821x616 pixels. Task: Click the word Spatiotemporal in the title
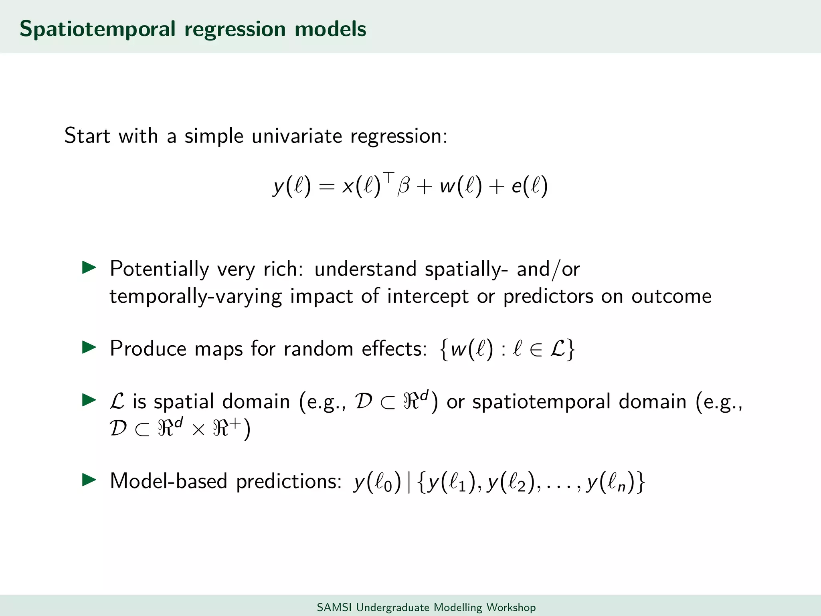coord(97,29)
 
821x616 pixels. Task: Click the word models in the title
coord(330,29)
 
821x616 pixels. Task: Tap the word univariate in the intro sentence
coord(297,136)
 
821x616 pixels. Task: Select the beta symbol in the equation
coord(403,186)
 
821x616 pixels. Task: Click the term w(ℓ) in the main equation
coord(460,186)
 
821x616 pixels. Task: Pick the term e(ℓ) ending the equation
coord(529,186)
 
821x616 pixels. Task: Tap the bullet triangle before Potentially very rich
coord(89,268)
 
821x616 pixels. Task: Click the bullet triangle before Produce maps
coord(89,347)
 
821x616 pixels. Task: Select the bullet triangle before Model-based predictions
coord(89,480)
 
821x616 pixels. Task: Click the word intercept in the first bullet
coord(428,297)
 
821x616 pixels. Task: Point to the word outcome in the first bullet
coord(671,297)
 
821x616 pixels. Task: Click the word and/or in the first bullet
coord(548,269)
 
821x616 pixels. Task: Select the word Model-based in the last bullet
coord(168,480)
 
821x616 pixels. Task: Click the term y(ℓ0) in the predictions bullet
coord(377,481)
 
